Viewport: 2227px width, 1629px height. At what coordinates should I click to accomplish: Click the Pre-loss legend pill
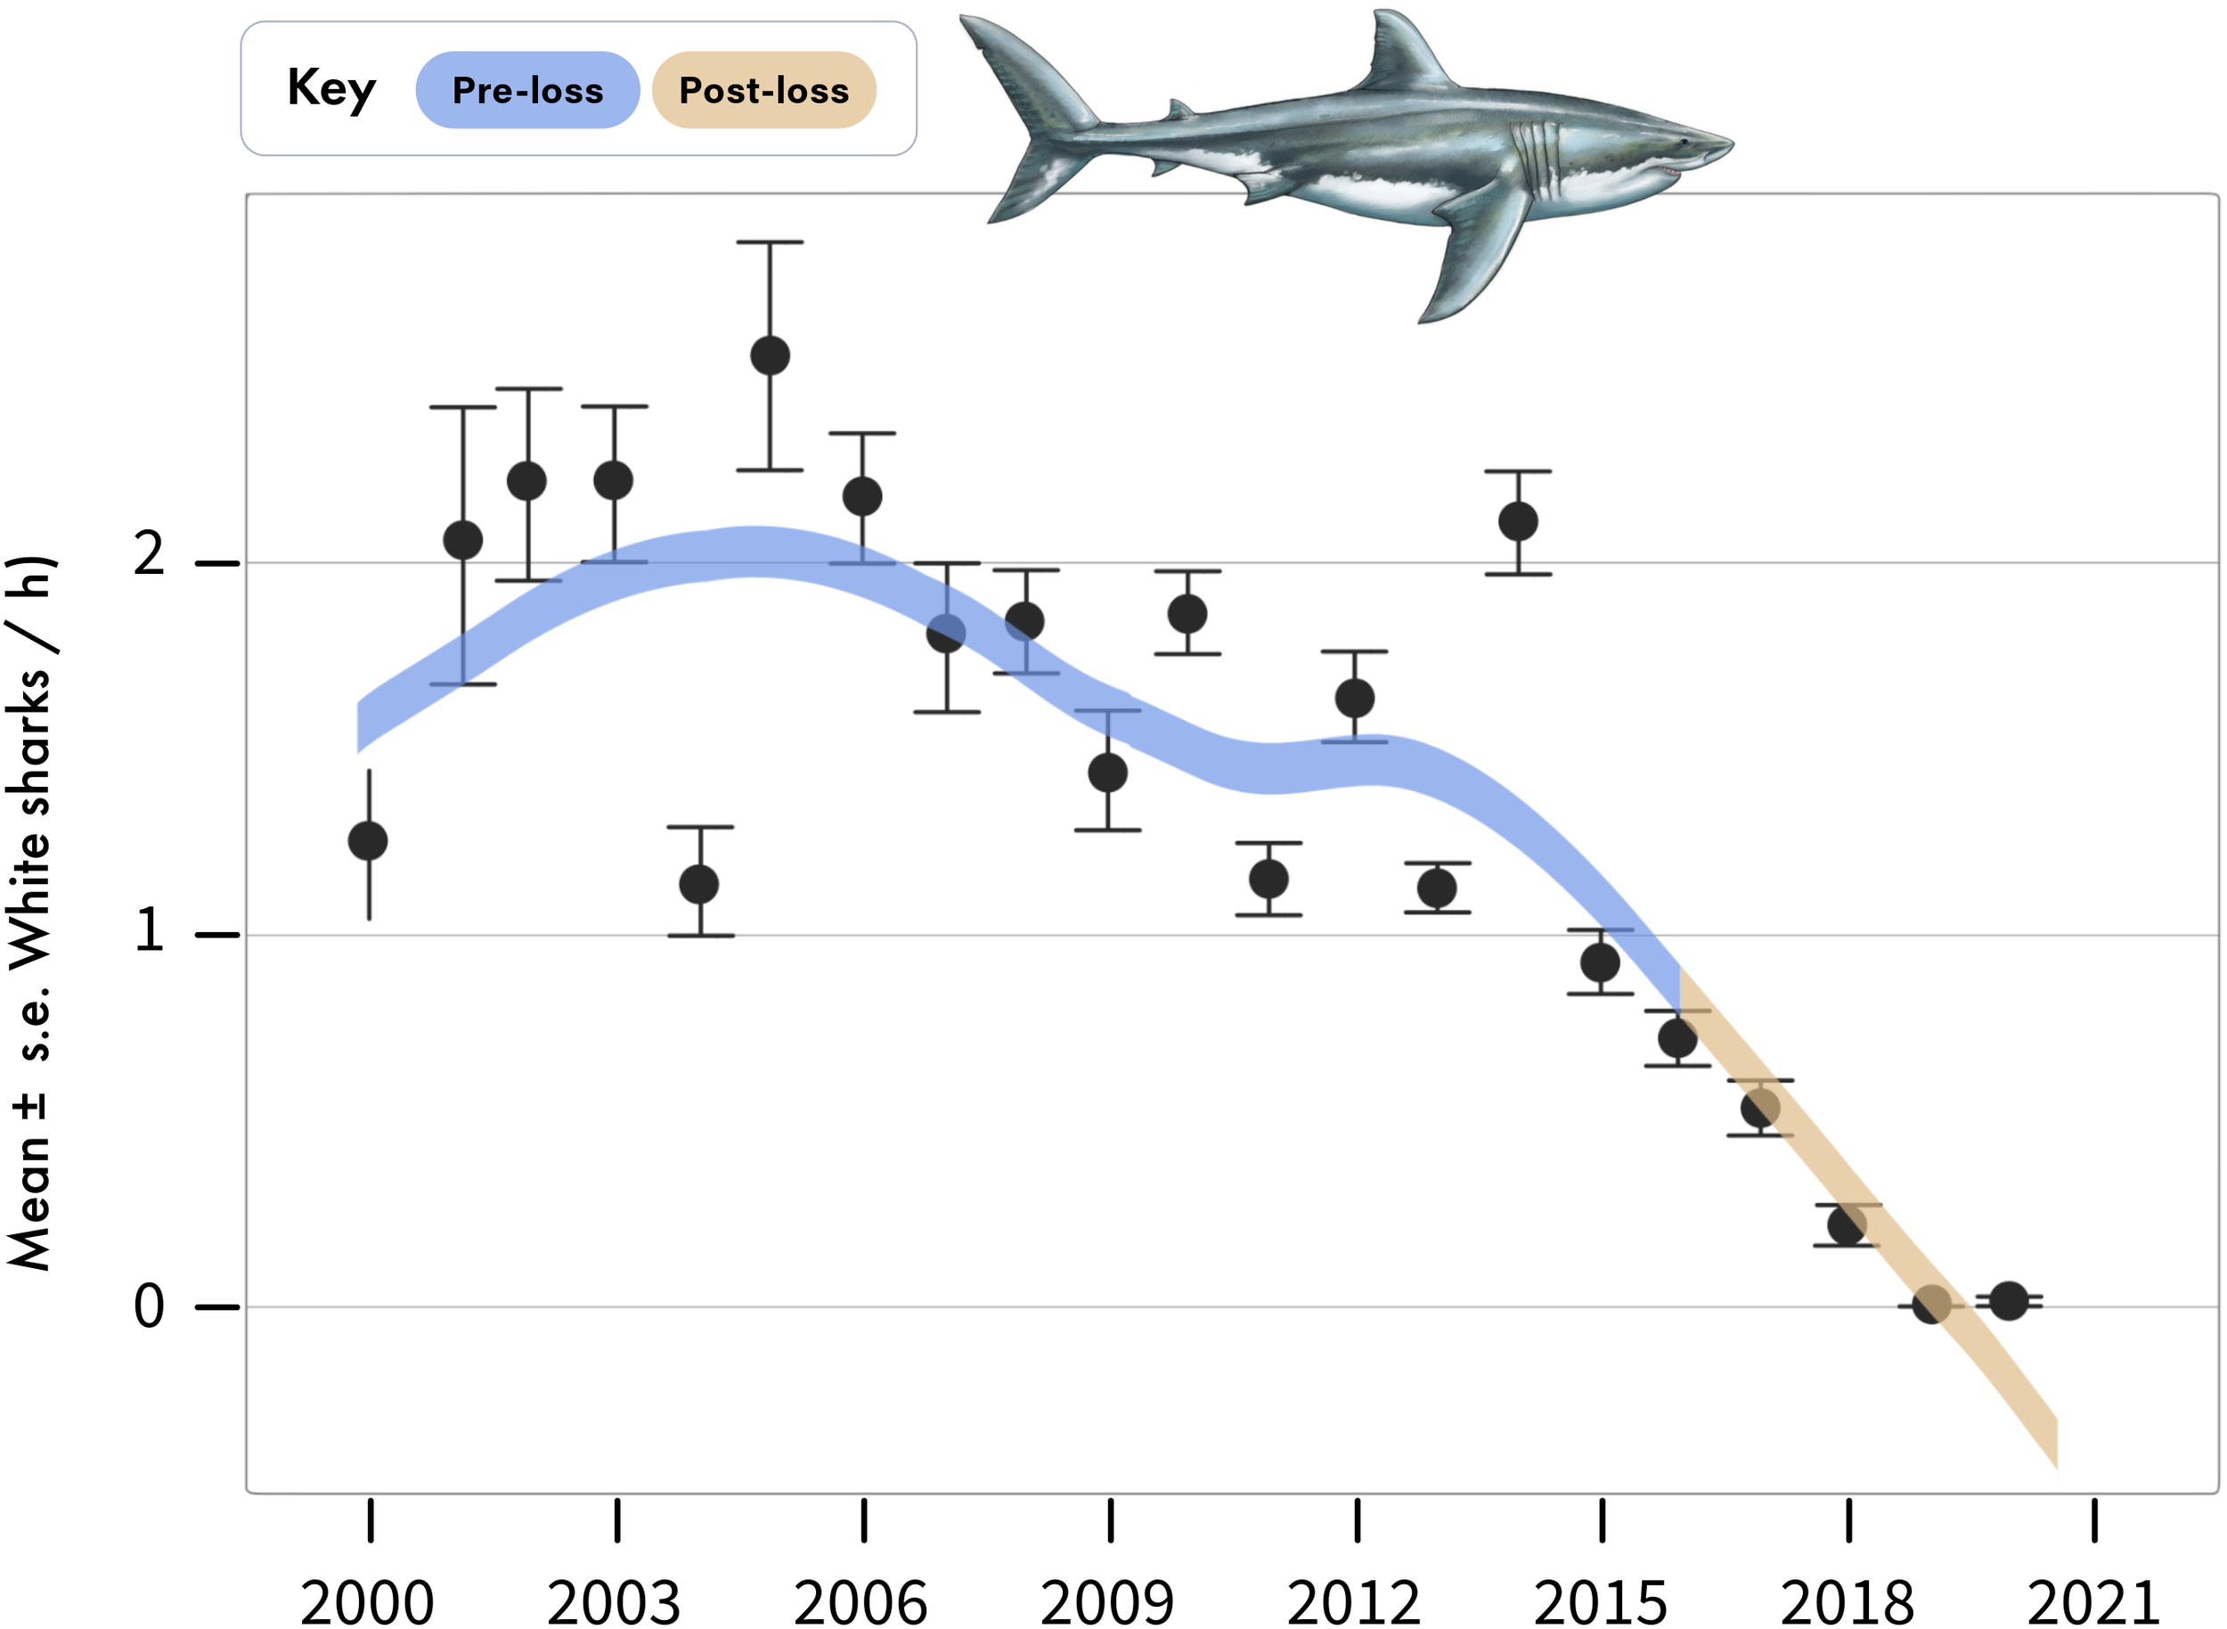pyautogui.click(x=527, y=91)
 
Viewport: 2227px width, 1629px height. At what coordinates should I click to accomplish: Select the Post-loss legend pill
pyautogui.click(x=764, y=91)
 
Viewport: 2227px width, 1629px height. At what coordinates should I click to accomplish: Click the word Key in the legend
pyautogui.click(x=331, y=89)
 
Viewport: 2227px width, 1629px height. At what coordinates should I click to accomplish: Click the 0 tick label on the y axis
pyautogui.click(x=149, y=1307)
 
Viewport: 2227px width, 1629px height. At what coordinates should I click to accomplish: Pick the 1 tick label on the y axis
pyautogui.click(x=149, y=931)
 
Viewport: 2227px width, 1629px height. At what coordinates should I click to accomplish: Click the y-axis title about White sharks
pyautogui.click(x=29, y=913)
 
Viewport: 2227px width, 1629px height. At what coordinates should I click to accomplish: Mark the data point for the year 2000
pyautogui.click(x=369, y=841)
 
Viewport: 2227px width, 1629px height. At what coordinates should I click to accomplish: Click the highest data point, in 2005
pyautogui.click(x=770, y=355)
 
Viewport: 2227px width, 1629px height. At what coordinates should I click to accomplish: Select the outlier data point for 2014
pyautogui.click(x=1518, y=521)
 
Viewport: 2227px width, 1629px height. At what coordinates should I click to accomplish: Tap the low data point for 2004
pyautogui.click(x=700, y=883)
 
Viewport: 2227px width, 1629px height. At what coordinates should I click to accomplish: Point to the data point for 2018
pyautogui.click(x=1847, y=1225)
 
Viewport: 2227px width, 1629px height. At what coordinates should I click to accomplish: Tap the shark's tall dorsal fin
pyautogui.click(x=1405, y=54)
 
